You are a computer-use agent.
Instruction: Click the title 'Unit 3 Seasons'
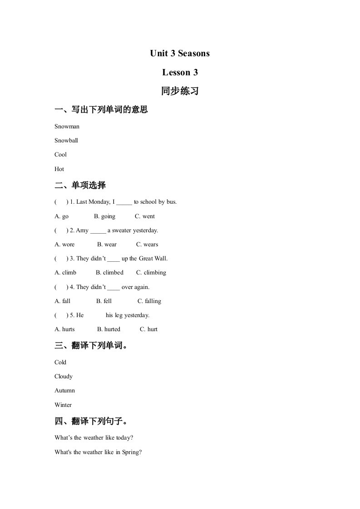(180, 54)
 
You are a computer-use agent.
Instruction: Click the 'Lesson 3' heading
(180, 73)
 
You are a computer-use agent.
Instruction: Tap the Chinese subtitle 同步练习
(180, 91)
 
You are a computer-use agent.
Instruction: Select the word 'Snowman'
(67, 127)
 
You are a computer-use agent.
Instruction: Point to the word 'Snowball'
(66, 141)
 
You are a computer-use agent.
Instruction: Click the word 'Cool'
(60, 155)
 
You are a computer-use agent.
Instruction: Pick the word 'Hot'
(59, 169)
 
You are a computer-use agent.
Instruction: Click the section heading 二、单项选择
(80, 186)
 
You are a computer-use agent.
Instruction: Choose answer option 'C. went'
(145, 216)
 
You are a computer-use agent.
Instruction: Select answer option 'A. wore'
(64, 245)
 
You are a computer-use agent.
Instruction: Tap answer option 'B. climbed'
(109, 273)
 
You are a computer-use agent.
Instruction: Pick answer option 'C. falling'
(149, 301)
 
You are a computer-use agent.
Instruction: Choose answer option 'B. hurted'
(108, 329)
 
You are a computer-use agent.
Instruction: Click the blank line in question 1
(124, 203)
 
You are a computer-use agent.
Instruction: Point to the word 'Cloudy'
(64, 377)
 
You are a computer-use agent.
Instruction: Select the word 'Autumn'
(64, 391)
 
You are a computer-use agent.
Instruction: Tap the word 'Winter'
(63, 405)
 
